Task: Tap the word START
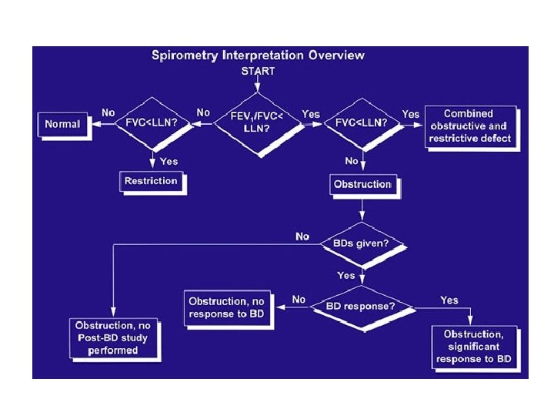click(258, 70)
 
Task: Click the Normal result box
click(62, 124)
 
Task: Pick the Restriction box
click(151, 181)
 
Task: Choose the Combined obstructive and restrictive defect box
click(471, 126)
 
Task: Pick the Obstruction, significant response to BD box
click(472, 347)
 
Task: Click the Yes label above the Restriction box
click(168, 161)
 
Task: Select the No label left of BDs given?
click(303, 236)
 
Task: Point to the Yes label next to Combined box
click(410, 113)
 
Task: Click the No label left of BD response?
click(299, 299)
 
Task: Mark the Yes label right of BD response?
click(449, 299)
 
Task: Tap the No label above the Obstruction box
click(352, 160)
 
